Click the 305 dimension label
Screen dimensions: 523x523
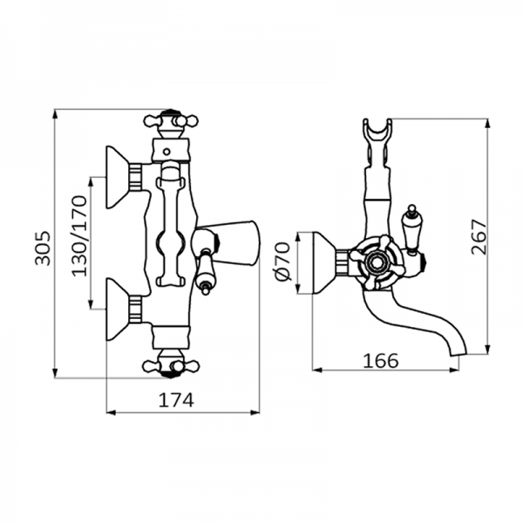point(43,248)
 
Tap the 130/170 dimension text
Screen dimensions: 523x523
point(79,236)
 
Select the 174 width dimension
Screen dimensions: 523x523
point(176,400)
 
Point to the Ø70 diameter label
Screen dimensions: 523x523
point(282,261)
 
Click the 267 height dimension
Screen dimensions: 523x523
point(479,236)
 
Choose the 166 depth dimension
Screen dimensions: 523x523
point(381,361)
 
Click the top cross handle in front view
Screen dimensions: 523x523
point(171,121)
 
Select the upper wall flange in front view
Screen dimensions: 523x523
point(118,177)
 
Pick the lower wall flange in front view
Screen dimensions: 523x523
point(118,309)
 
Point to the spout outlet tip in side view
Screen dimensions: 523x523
point(458,353)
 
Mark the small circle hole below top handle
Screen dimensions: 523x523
point(166,152)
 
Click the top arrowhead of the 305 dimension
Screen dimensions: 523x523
point(55,114)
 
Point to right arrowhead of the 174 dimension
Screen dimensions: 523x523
point(255,413)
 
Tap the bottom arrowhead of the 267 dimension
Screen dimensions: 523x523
point(488,349)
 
